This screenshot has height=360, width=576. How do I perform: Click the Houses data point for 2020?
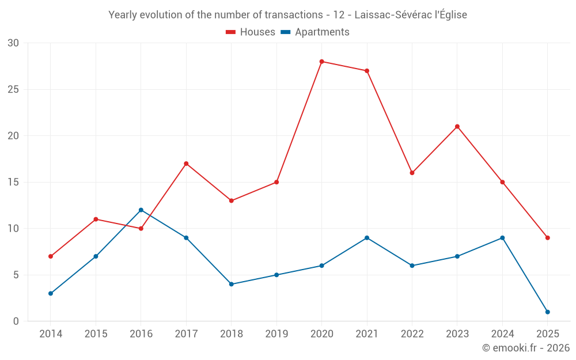point(321,62)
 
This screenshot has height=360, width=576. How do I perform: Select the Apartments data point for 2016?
point(141,210)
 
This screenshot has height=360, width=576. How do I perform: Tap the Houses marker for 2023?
point(457,127)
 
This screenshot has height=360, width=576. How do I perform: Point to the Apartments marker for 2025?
point(547,312)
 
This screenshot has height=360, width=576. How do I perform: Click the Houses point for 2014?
point(51,256)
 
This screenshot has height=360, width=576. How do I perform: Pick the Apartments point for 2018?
point(232,284)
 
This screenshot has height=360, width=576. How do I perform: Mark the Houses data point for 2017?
point(186,164)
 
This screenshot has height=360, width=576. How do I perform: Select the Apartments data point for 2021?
point(367,238)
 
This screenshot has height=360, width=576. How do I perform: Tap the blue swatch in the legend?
point(285,32)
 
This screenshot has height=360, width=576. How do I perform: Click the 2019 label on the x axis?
point(276,334)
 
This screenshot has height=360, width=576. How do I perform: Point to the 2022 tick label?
point(412,334)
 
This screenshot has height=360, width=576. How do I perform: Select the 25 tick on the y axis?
point(13,90)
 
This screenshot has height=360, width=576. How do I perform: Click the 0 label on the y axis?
point(16,321)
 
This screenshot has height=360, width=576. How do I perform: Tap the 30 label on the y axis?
point(13,43)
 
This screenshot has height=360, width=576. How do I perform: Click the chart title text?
point(287,15)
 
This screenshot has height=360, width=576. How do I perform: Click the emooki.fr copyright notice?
point(525,348)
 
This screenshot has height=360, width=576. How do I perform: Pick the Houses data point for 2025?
point(547,238)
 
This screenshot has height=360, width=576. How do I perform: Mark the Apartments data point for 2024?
point(502,238)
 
